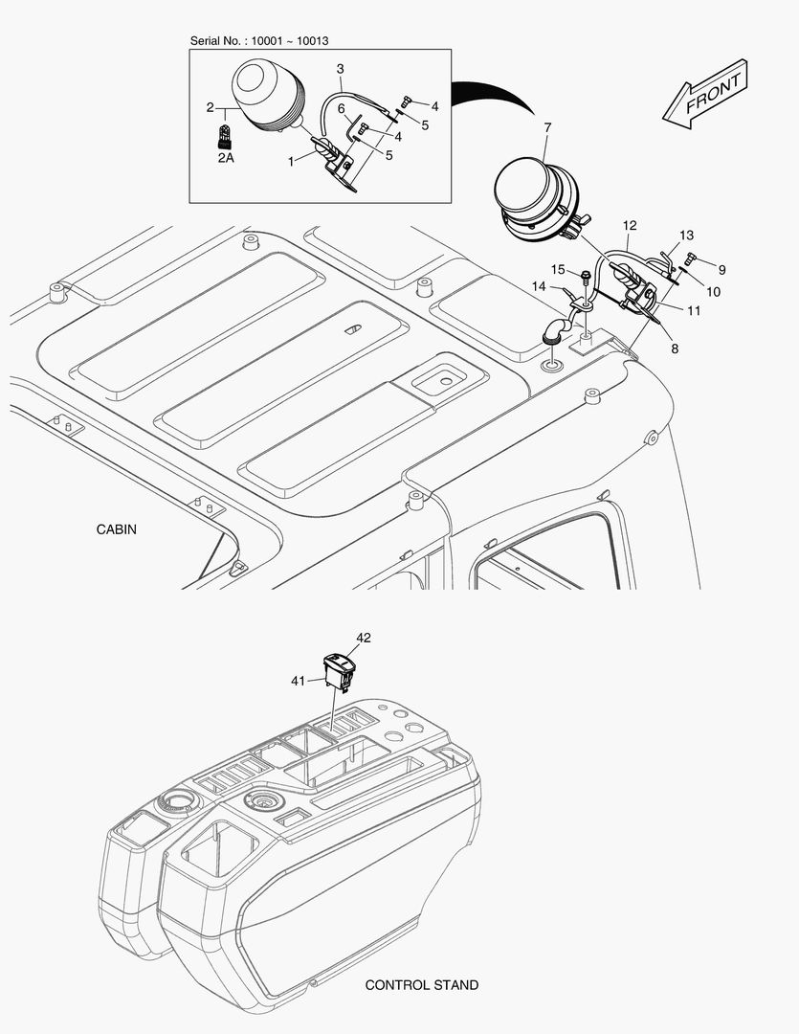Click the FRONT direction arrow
pos(705,94)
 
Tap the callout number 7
pos(547,127)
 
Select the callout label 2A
pos(226,158)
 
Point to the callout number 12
pos(630,226)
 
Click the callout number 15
pos(558,269)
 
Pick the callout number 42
pos(364,638)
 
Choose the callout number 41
pos(298,681)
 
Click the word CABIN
pos(117,529)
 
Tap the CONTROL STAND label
pos(422,985)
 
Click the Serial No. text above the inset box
pos(259,41)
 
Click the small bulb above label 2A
pos(225,135)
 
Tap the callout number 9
pos(721,270)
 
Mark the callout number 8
pos(675,348)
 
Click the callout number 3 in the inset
pos(340,69)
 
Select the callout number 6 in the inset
pos(342,109)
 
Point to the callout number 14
pos(540,286)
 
